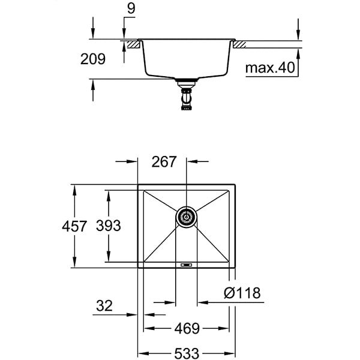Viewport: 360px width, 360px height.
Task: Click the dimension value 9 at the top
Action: click(131, 9)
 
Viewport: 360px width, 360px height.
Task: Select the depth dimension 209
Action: click(93, 59)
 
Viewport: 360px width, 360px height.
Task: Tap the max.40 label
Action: click(270, 68)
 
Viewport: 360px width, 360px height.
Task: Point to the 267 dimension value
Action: click(164, 161)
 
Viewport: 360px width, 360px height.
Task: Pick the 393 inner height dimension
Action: click(109, 226)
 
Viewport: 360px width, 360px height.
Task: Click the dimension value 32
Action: click(103, 306)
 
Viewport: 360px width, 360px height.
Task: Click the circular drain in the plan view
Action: click(186, 217)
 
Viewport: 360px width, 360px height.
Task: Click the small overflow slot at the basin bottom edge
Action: click(185, 263)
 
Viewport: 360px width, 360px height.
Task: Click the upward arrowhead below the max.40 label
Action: click(298, 53)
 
